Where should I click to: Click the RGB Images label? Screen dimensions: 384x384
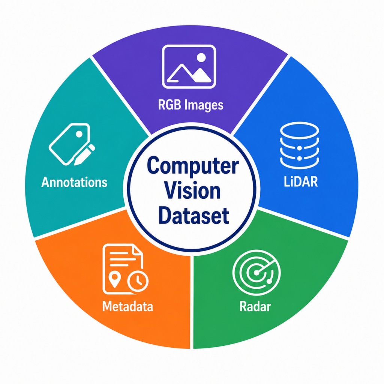[x=190, y=105]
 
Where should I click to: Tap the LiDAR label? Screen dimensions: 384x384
[x=301, y=182]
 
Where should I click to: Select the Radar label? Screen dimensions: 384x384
[x=255, y=306]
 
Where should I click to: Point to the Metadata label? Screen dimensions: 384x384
[x=127, y=306]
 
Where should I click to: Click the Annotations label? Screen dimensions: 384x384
[x=74, y=182]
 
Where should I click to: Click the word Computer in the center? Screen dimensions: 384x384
[x=193, y=165]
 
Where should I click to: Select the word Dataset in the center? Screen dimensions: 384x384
[x=194, y=216]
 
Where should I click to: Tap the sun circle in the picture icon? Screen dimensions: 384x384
[x=201, y=57]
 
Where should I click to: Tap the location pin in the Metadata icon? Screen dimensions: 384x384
[x=114, y=279]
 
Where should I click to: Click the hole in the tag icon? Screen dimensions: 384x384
[x=79, y=134]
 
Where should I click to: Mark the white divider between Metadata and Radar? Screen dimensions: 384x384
[x=192, y=302]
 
